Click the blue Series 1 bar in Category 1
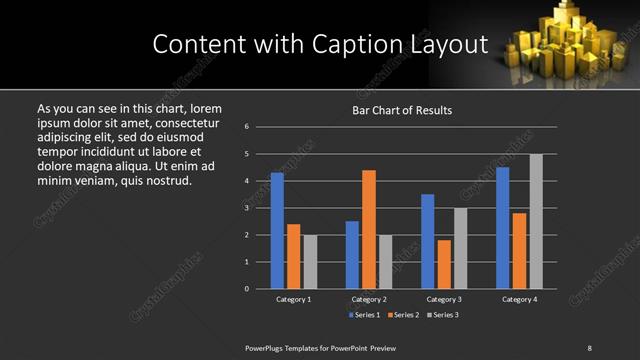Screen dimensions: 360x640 point(277,231)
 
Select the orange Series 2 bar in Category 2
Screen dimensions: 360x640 point(369,229)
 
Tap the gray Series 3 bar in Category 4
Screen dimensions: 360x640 point(536,221)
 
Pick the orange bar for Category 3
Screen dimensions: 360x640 point(444,264)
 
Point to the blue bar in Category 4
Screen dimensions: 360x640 point(502,228)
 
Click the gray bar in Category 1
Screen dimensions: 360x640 point(310,262)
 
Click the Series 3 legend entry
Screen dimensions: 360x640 point(444,315)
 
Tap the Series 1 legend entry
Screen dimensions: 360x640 point(362,315)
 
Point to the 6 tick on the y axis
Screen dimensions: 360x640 point(247,127)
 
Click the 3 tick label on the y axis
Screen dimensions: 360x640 point(247,208)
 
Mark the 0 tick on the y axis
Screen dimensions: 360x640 point(247,289)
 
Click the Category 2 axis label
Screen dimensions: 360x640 point(369,299)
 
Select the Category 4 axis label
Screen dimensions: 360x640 point(519,299)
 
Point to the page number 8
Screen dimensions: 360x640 point(589,347)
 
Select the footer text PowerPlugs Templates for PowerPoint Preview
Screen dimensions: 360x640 point(320,347)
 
